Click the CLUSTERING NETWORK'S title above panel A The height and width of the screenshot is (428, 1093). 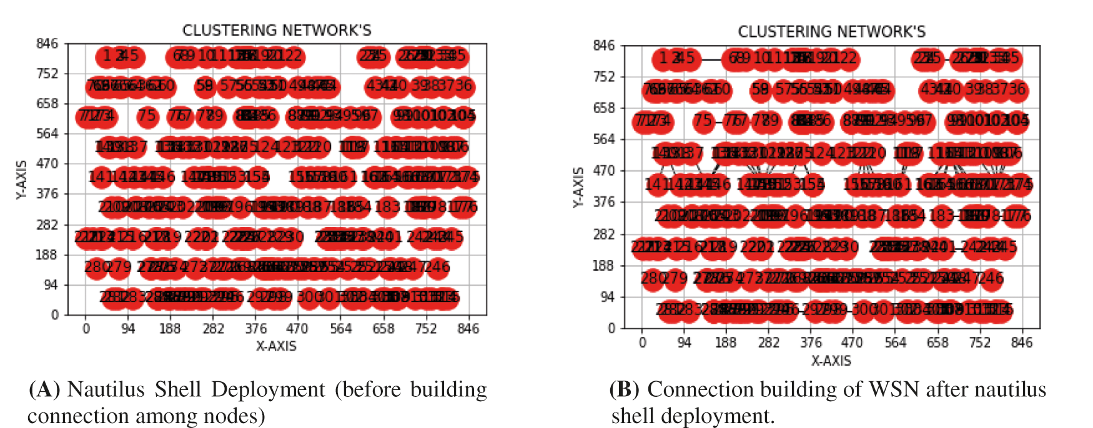click(x=277, y=30)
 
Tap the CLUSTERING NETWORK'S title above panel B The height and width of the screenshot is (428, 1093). click(x=831, y=31)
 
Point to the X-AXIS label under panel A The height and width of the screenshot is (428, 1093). click(x=276, y=346)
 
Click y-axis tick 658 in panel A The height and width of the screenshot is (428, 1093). click(x=47, y=104)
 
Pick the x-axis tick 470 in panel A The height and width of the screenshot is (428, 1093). click(x=297, y=329)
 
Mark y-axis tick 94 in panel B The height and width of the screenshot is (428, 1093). click(x=608, y=297)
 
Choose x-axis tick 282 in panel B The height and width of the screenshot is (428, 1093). click(x=769, y=343)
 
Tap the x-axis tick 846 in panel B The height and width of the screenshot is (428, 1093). click(x=1022, y=343)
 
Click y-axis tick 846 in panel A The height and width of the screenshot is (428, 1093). click(x=47, y=44)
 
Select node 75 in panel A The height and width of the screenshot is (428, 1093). click(x=147, y=115)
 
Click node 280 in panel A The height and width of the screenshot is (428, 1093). click(x=96, y=267)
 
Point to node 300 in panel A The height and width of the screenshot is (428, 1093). click(x=309, y=296)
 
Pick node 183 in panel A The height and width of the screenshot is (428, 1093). click(x=387, y=206)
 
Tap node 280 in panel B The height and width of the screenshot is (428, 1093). click(x=653, y=278)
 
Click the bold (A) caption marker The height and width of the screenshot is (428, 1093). click(x=44, y=390)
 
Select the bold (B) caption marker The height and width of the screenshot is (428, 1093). click(x=624, y=390)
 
